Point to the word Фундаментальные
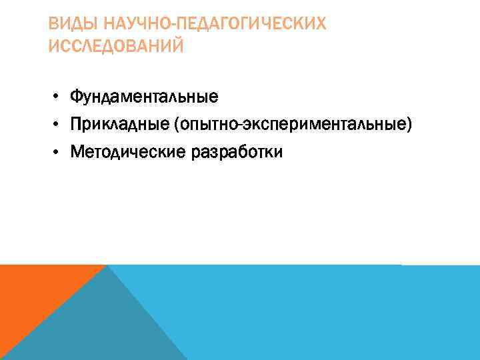pos(145,97)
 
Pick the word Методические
pos(129,153)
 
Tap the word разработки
pos(237,153)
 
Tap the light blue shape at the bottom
pos(320,313)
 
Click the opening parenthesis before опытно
pos(175,125)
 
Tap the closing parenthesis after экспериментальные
pos(409,125)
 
